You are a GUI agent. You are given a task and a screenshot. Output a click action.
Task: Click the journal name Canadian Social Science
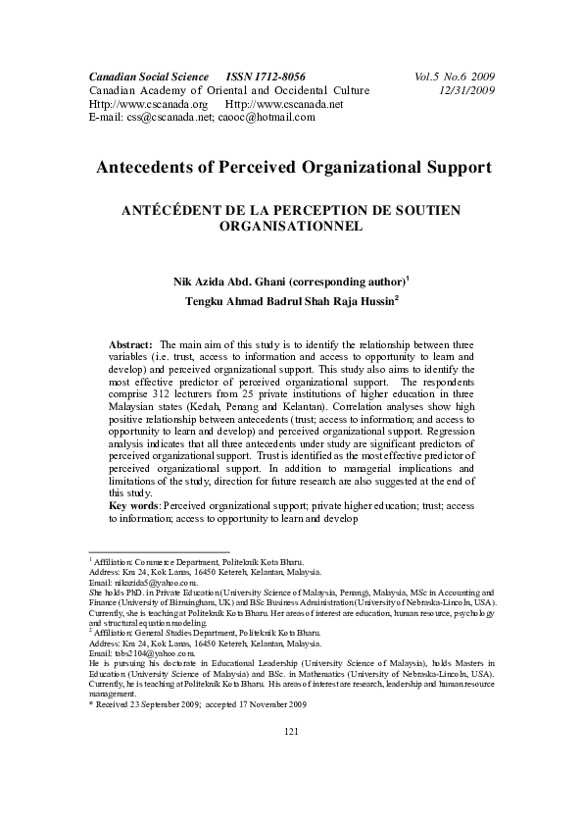pos(149,76)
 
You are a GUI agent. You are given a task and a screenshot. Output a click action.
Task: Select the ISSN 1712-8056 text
pos(266,76)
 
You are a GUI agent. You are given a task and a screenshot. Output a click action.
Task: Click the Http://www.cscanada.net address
pos(284,103)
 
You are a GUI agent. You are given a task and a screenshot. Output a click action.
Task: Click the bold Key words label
pos(134,504)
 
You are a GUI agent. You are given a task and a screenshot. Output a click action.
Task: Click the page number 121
pos(291,758)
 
